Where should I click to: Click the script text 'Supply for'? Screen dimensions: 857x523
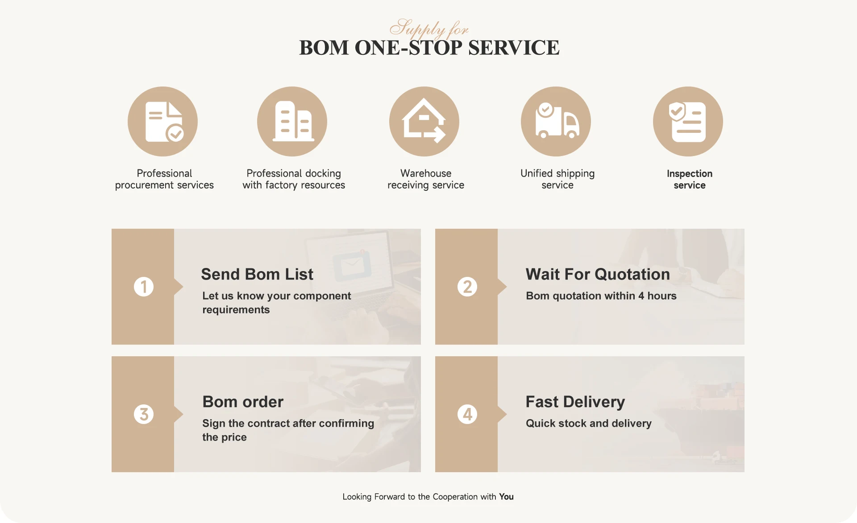pyautogui.click(x=429, y=29)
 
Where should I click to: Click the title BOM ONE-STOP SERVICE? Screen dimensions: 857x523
pyautogui.click(x=429, y=48)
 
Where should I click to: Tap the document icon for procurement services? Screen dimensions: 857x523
pyautogui.click(x=163, y=121)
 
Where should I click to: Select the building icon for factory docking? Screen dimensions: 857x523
pyautogui.click(x=292, y=121)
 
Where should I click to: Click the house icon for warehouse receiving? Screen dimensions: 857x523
pyautogui.click(x=424, y=121)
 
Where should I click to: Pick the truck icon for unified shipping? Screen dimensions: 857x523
pyautogui.click(x=556, y=121)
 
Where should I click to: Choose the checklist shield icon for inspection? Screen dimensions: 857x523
pyautogui.click(x=688, y=121)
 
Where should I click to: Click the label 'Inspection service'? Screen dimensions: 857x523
pyautogui.click(x=690, y=179)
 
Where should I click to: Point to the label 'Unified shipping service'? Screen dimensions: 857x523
pyautogui.click(x=557, y=179)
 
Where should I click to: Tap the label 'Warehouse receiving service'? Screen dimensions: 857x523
pyautogui.click(x=426, y=179)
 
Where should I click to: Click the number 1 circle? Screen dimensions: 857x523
pyautogui.click(x=144, y=287)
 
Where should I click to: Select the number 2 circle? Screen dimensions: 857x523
pyautogui.click(x=467, y=287)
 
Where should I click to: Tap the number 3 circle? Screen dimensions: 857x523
pyautogui.click(x=144, y=414)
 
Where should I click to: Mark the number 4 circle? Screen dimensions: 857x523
pyautogui.click(x=467, y=414)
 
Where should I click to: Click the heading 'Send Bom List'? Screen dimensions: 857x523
pyautogui.click(x=257, y=274)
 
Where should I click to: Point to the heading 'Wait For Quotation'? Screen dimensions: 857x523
pyautogui.click(x=598, y=274)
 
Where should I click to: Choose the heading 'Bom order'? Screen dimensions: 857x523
pyautogui.click(x=243, y=402)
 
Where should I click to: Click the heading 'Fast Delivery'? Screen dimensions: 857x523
pyautogui.click(x=575, y=402)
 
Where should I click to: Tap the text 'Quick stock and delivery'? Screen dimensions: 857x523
pyautogui.click(x=589, y=423)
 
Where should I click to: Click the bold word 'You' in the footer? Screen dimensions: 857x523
pyautogui.click(x=506, y=497)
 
